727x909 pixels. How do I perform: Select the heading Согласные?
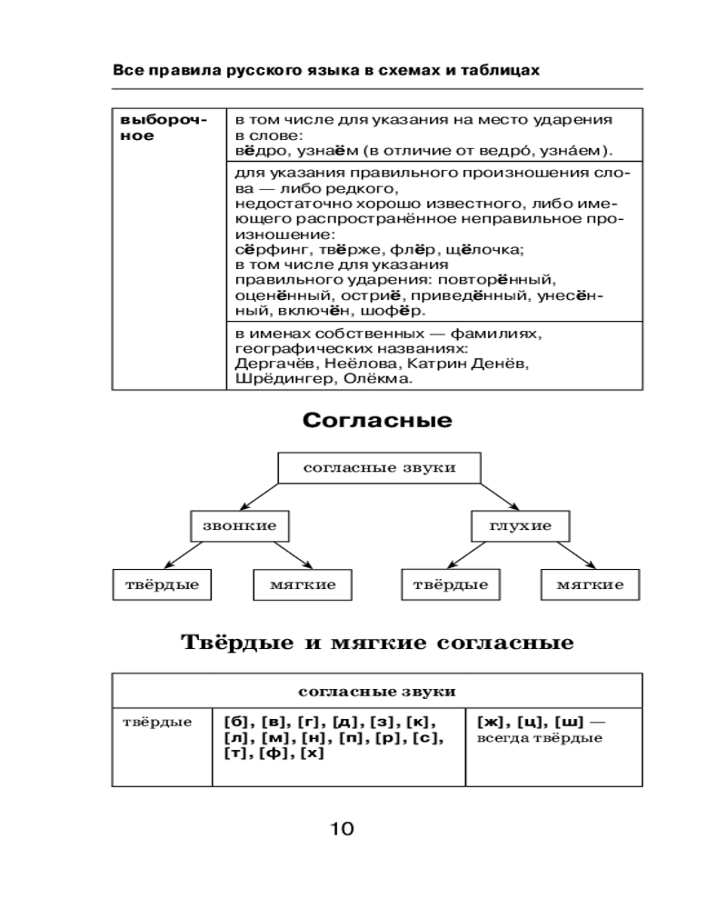click(377, 421)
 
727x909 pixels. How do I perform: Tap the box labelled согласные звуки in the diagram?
click(377, 468)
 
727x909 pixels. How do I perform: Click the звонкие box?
click(234, 526)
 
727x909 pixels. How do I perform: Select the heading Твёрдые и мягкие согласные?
click(377, 644)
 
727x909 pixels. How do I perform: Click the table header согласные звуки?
click(377, 691)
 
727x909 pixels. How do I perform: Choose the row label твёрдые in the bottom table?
click(157, 723)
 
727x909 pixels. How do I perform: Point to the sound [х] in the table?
click(311, 753)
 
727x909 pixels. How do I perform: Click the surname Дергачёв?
click(274, 364)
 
